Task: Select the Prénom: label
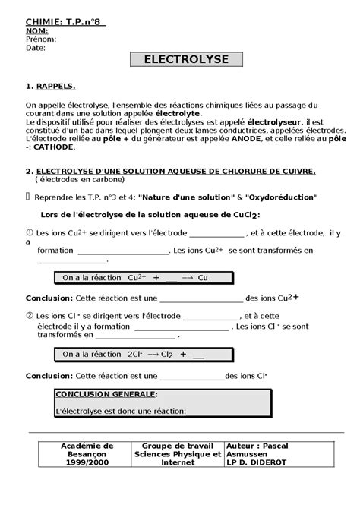click(x=41, y=39)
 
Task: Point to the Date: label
click(x=36, y=47)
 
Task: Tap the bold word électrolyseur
click(x=276, y=122)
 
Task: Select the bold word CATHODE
click(x=53, y=148)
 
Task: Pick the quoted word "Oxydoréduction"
click(x=273, y=197)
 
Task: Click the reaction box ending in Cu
click(x=134, y=279)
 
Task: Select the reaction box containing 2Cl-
click(x=134, y=353)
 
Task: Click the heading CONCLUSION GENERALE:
click(x=107, y=394)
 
